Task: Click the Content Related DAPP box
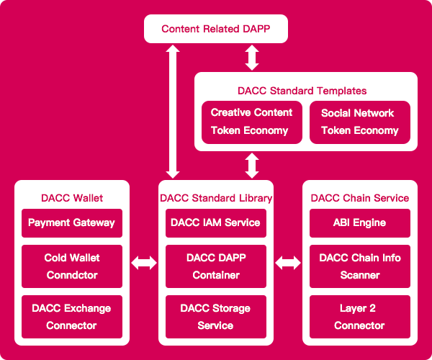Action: pos(216,29)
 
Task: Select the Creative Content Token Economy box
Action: pos(252,122)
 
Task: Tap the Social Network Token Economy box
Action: pos(360,122)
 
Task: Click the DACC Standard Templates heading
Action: pos(302,91)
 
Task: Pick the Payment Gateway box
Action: pos(72,223)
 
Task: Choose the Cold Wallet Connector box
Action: pos(72,266)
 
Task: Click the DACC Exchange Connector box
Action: pos(72,317)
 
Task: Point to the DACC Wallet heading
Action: pos(72,198)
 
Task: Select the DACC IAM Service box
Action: pos(216,223)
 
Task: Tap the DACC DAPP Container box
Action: pos(216,266)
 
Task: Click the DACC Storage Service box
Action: pos(216,317)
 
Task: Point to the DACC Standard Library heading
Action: pos(216,198)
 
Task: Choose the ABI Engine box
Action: pos(360,223)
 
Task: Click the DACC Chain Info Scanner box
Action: pos(360,266)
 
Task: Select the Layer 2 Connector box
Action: pos(360,317)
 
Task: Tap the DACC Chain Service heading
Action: pos(360,198)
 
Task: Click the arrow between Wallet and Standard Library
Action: pos(144,263)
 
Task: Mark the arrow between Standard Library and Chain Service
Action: pos(288,263)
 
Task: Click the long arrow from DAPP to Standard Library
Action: pos(173,112)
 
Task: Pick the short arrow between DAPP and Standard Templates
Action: pos(252,58)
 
